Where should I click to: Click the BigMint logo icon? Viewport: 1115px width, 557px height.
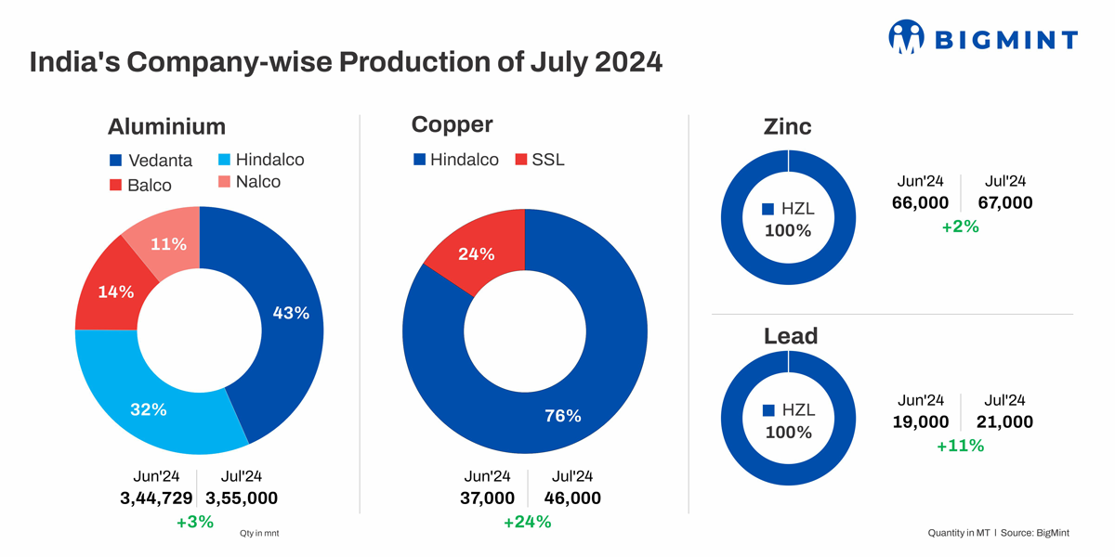(906, 38)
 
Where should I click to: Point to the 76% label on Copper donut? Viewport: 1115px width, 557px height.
(562, 416)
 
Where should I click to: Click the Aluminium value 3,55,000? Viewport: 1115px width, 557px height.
(241, 499)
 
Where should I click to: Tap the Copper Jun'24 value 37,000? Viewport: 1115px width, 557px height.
(487, 499)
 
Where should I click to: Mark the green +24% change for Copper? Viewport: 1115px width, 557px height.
(527, 522)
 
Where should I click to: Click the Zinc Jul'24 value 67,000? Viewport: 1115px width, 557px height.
(1005, 202)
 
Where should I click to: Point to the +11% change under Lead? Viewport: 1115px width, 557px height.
(960, 446)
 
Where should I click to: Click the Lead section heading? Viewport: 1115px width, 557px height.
(791, 336)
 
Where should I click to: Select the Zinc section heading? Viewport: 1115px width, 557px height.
(787, 127)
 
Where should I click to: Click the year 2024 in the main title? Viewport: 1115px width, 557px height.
(617, 62)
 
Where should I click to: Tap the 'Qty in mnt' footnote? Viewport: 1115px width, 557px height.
(259, 534)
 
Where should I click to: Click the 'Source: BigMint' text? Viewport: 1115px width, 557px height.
(1040, 534)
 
